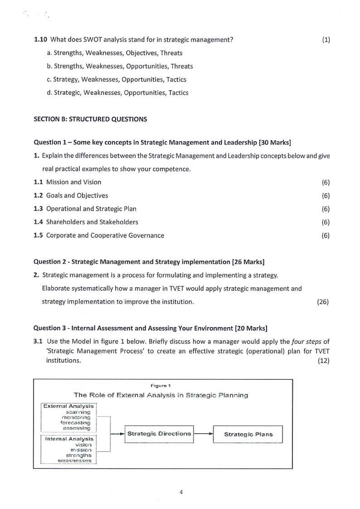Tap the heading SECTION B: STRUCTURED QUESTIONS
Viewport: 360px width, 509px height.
pyautogui.click(x=91, y=120)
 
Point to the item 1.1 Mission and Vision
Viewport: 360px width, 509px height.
pyautogui.click(x=68, y=182)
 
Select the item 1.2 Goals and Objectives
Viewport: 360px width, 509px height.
pyautogui.click(x=71, y=196)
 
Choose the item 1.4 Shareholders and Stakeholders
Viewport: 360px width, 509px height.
pyautogui.click(x=86, y=222)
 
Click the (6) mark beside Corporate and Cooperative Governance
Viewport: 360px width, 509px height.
pyautogui.click(x=325, y=235)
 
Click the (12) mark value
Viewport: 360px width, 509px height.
pyautogui.click(x=323, y=361)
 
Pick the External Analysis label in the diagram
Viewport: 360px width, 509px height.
pyautogui.click(x=68, y=406)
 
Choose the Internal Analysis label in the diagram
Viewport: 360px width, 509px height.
pyautogui.click(x=69, y=439)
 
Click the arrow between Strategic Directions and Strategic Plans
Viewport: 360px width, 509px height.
pyautogui.click(x=203, y=434)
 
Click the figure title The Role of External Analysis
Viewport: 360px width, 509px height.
pyautogui.click(x=161, y=395)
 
